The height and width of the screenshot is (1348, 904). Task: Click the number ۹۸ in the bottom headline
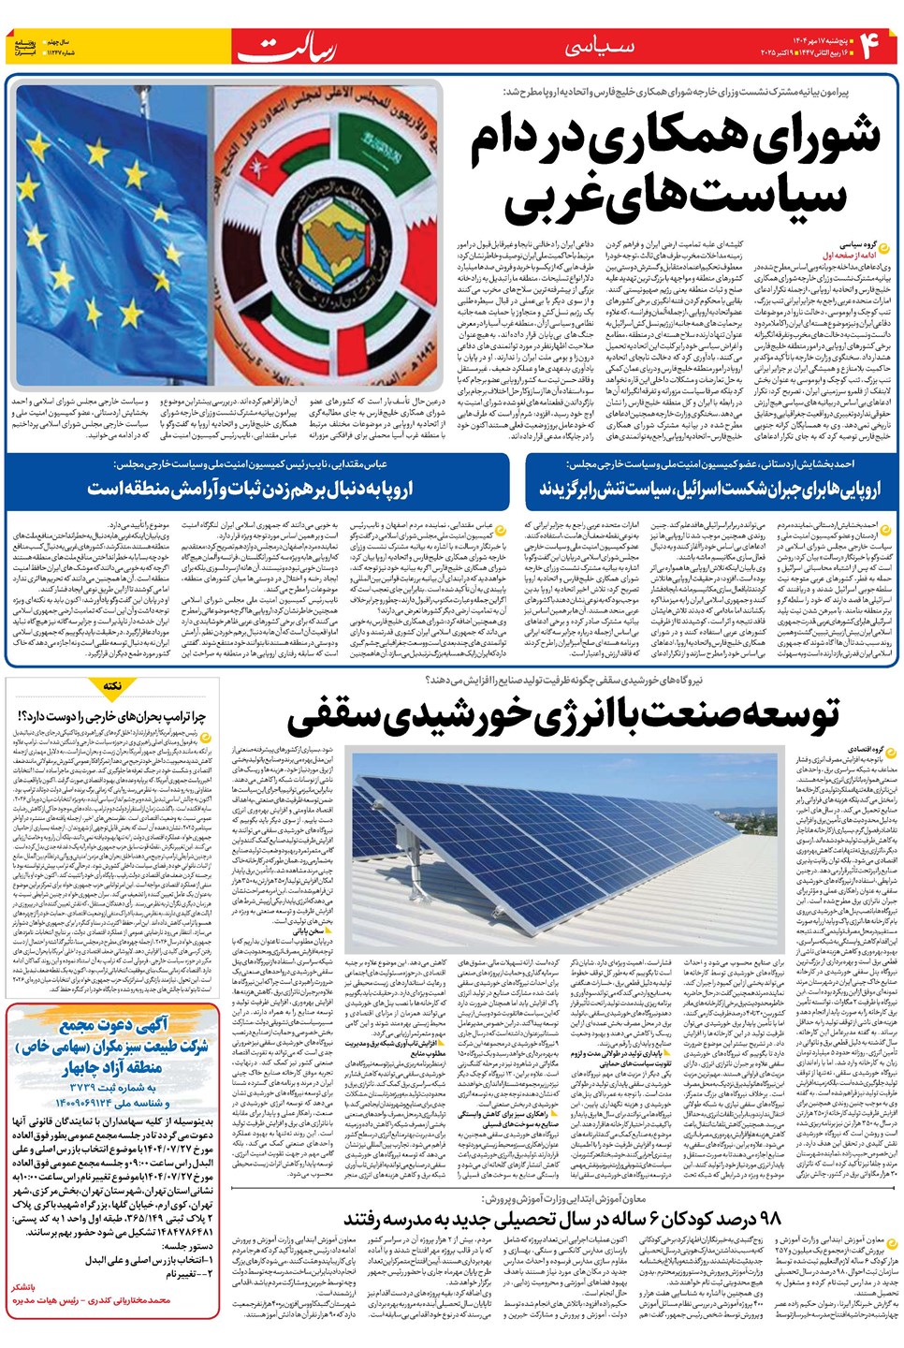click(x=764, y=1217)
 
